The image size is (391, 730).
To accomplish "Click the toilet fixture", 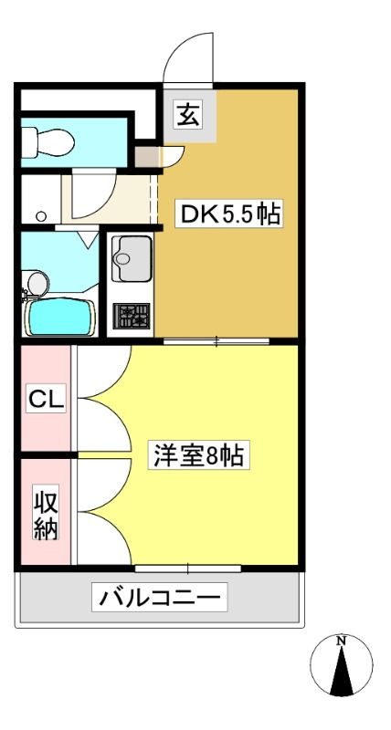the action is [48, 140].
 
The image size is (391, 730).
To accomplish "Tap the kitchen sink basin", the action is [132, 259].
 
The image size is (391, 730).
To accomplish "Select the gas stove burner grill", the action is [132, 316].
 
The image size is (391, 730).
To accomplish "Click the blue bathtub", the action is [59, 317].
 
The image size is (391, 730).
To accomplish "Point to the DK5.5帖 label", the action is [229, 215].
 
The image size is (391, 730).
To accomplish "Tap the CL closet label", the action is [46, 399].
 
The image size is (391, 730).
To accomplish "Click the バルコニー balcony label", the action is [159, 597].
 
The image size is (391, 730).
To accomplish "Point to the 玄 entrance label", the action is [188, 116].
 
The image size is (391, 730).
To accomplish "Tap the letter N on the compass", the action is [342, 641].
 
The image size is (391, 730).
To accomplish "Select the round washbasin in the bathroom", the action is [37, 283].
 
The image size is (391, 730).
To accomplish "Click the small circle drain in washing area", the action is [41, 216].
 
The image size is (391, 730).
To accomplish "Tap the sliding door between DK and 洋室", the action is [217, 341].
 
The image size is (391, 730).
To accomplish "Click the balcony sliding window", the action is [188, 568].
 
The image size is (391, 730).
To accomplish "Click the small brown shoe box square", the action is [146, 157].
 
